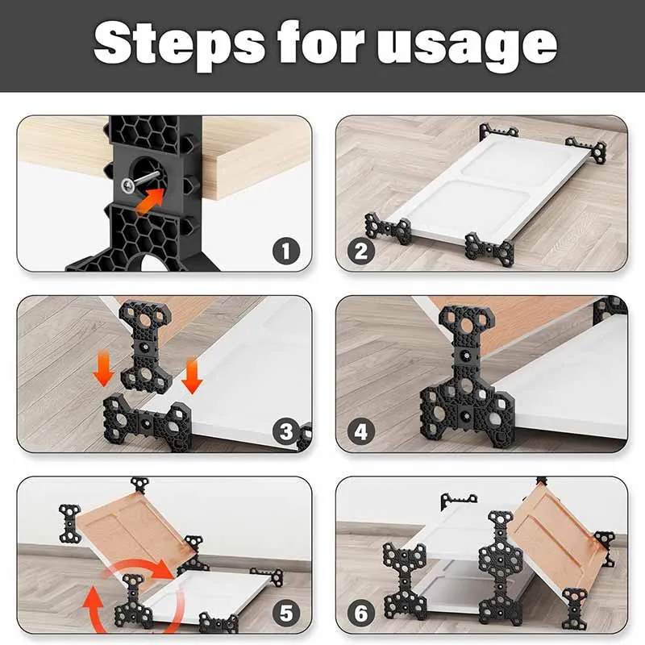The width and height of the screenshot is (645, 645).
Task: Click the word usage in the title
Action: (467, 46)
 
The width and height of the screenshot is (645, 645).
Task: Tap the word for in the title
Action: (321, 41)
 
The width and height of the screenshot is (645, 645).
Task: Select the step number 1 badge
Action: (286, 251)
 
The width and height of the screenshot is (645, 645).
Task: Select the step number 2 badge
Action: (361, 252)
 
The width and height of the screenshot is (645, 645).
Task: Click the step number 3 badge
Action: (286, 432)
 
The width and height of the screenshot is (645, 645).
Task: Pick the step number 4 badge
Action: (361, 432)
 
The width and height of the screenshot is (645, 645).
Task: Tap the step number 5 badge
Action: (286, 613)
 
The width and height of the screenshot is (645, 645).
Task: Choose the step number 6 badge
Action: (361, 613)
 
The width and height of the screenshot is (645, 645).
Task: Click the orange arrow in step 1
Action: (150, 201)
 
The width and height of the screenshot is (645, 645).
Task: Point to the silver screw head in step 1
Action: (128, 186)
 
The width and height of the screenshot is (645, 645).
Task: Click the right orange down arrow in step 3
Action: (192, 376)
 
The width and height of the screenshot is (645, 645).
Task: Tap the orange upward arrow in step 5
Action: (93, 610)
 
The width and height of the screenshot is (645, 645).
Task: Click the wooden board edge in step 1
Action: (255, 173)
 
